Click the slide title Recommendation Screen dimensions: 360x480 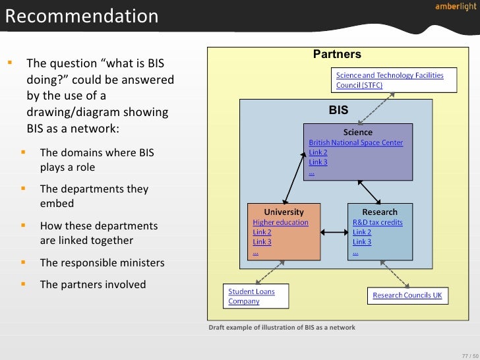click(x=82, y=16)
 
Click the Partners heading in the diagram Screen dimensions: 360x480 click(x=337, y=54)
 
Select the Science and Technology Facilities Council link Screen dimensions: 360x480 click(x=390, y=80)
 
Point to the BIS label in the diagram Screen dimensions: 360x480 click(x=338, y=110)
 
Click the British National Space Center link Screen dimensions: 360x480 click(x=355, y=142)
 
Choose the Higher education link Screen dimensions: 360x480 click(x=280, y=222)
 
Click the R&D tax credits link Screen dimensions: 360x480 click(x=377, y=222)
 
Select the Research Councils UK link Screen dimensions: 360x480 click(x=407, y=295)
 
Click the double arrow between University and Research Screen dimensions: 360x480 click(x=334, y=231)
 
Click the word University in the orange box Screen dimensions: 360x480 click(x=284, y=212)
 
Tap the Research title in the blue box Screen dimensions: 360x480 click(x=380, y=212)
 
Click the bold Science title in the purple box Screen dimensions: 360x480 click(x=357, y=133)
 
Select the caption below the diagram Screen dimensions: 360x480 click(x=282, y=327)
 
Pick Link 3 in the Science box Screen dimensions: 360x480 click(x=318, y=162)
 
